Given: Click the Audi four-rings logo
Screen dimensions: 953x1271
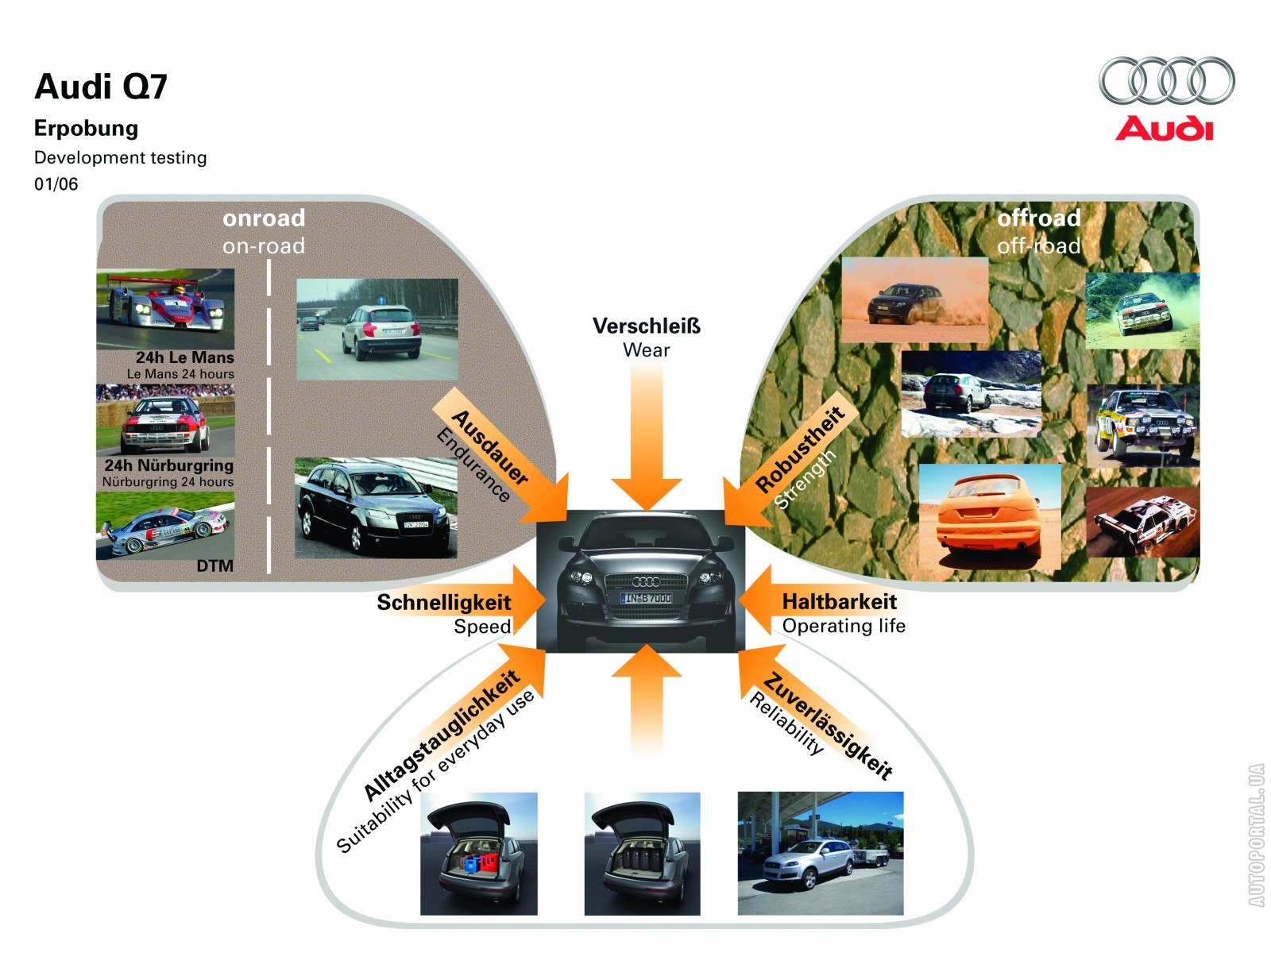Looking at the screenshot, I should pyautogui.click(x=1166, y=81).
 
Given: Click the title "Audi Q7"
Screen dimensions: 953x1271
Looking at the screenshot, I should pyautogui.click(x=101, y=87).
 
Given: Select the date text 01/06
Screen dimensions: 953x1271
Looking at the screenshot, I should pyautogui.click(x=56, y=184).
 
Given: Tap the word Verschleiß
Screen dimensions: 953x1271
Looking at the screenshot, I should pyautogui.click(x=647, y=326).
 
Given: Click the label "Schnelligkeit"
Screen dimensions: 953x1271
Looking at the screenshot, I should pyautogui.click(x=443, y=603).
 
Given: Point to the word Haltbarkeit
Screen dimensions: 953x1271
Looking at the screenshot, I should pyautogui.click(x=840, y=602).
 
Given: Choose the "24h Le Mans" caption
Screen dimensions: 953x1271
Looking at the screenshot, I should pyautogui.click(x=184, y=357).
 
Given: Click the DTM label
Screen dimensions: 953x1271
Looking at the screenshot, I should pyautogui.click(x=215, y=565).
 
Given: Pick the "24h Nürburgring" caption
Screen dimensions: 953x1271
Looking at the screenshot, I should pyautogui.click(x=168, y=465).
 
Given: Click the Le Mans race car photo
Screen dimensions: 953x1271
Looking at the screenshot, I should pyautogui.click(x=165, y=308).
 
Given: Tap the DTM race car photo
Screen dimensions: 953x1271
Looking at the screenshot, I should pyautogui.click(x=165, y=526).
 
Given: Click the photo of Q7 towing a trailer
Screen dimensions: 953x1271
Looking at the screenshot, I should pyautogui.click(x=820, y=853).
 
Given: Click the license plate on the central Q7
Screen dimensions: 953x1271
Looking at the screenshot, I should pyautogui.click(x=646, y=598).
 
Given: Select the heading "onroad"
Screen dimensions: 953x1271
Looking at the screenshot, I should pyautogui.click(x=264, y=218).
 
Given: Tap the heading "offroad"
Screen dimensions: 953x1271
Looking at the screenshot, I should pyautogui.click(x=1039, y=218).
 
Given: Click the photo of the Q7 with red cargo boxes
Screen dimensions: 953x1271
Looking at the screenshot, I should pyautogui.click(x=478, y=853).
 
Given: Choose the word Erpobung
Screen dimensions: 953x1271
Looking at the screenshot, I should pyautogui.click(x=86, y=129).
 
